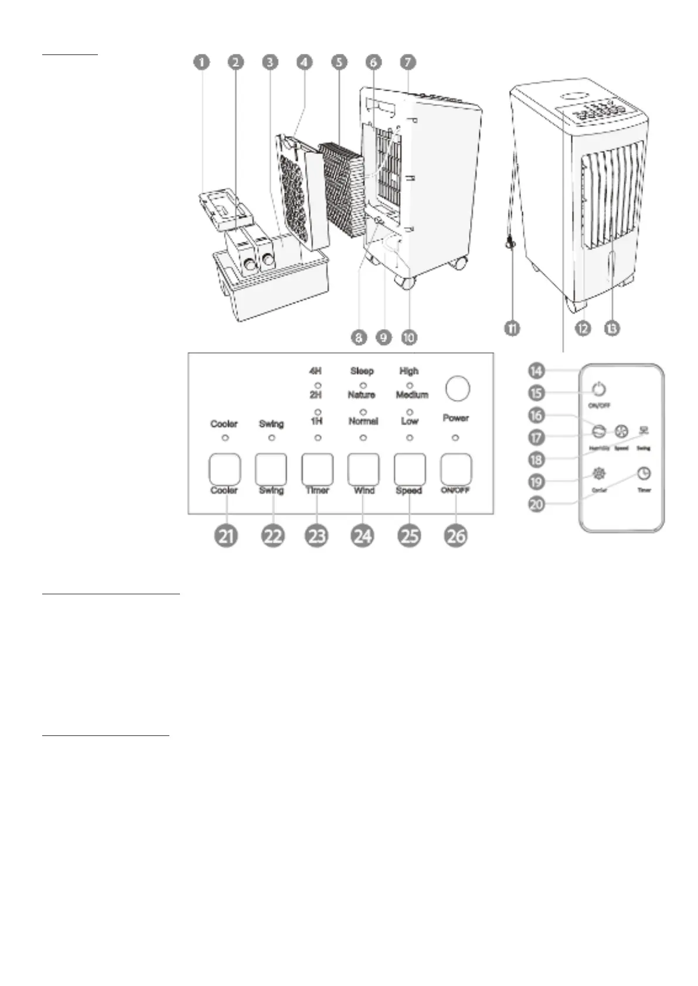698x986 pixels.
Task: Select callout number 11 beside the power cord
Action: (x=512, y=329)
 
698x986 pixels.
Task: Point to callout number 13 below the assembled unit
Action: (x=611, y=329)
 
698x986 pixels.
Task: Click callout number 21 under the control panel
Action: (x=226, y=536)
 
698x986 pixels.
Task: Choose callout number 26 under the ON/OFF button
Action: (x=456, y=536)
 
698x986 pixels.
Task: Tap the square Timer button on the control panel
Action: (x=317, y=468)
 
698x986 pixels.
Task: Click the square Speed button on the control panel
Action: (x=410, y=468)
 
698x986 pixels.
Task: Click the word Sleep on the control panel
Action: (x=362, y=371)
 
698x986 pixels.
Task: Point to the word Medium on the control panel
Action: (x=412, y=395)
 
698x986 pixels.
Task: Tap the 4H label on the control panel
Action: (x=315, y=371)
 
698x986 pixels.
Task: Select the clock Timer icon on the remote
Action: (x=643, y=473)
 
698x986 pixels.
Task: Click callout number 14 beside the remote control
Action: (x=536, y=370)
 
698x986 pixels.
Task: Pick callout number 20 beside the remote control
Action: (x=536, y=504)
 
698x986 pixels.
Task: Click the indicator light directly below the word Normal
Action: (x=363, y=438)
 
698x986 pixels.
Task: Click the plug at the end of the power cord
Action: (x=510, y=240)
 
